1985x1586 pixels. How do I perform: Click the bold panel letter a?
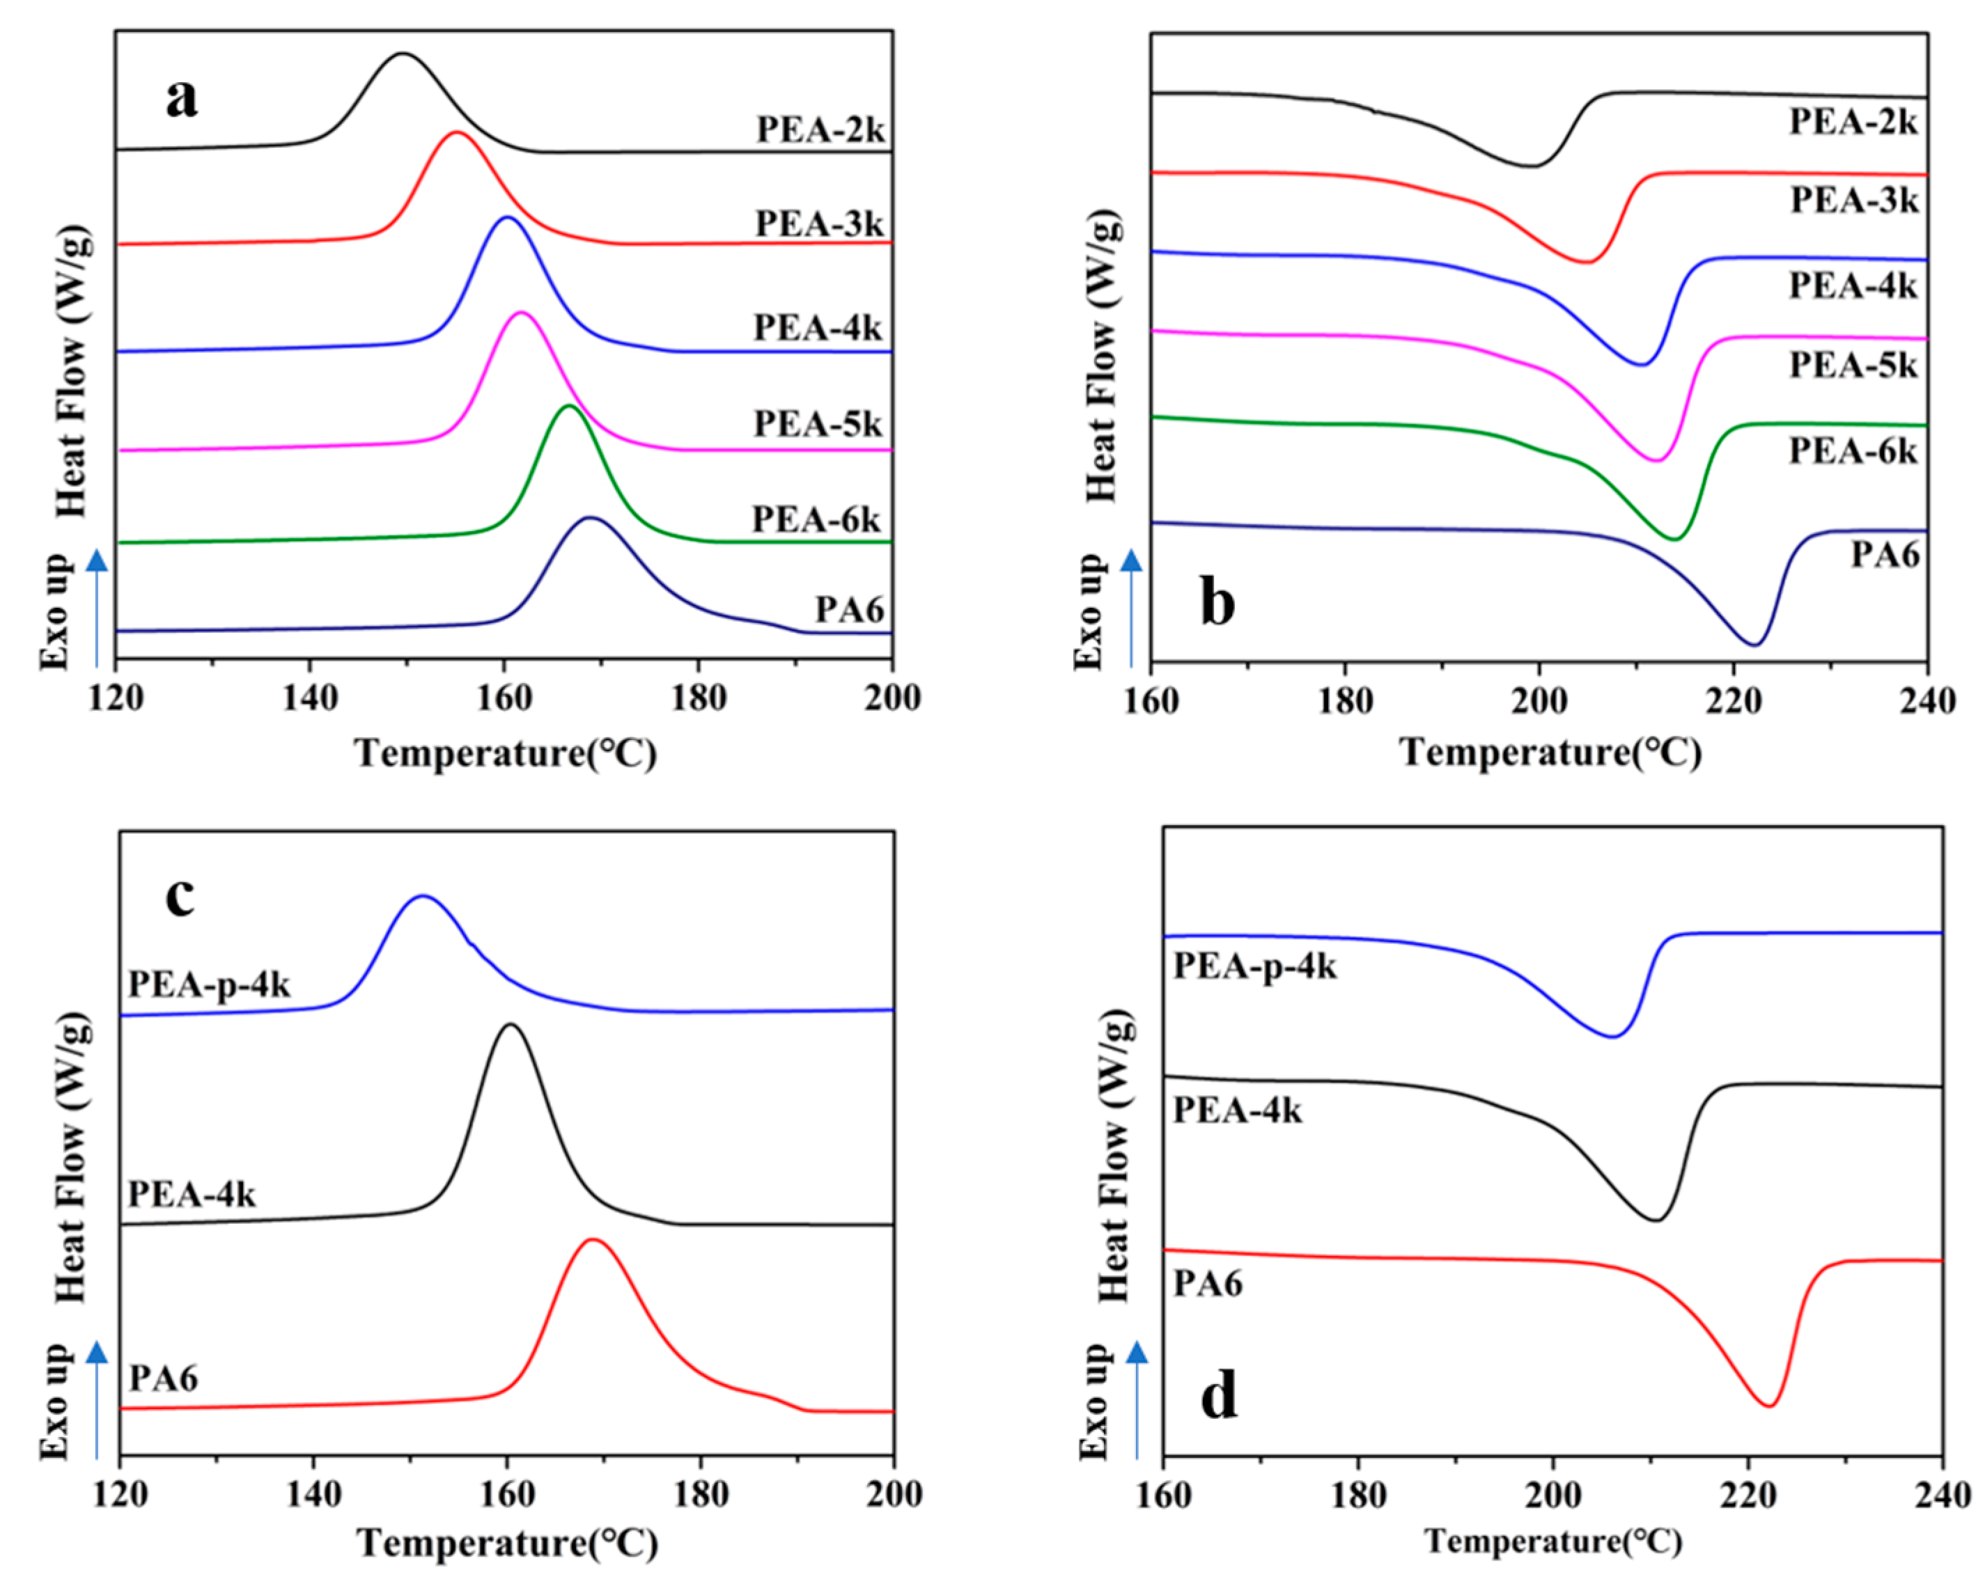181,97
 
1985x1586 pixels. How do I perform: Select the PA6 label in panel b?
1885,555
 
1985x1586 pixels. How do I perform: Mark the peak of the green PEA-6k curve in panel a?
569,405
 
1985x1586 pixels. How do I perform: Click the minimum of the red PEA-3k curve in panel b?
1587,263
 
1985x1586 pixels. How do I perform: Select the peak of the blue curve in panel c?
423,895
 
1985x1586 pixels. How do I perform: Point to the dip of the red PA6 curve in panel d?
1768,1406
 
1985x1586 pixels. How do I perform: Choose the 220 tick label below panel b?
1734,701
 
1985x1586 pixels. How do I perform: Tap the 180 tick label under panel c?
701,1493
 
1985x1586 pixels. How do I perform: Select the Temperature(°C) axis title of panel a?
506,753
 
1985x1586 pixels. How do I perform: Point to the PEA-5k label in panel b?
1853,366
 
